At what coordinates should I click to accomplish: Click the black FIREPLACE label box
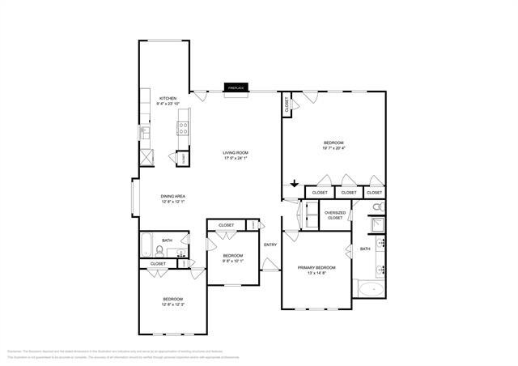pos(236,87)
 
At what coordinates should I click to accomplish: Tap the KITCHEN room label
pos(168,98)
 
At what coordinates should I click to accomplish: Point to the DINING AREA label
pos(174,196)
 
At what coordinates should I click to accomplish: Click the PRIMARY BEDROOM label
pos(316,267)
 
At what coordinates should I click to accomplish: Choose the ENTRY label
pos(270,245)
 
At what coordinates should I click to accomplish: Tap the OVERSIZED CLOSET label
pos(335,215)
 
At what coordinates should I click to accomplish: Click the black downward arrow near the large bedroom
pos(295,184)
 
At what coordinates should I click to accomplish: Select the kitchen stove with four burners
pos(184,128)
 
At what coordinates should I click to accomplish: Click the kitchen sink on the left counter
pos(145,132)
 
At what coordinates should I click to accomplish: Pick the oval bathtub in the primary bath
pos(372,289)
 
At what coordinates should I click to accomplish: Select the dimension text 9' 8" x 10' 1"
pos(232,261)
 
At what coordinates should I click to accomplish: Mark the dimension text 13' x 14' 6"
pos(316,273)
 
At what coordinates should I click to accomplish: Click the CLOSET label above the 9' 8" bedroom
pos(227,225)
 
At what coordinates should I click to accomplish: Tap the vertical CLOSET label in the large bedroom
pos(287,105)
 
